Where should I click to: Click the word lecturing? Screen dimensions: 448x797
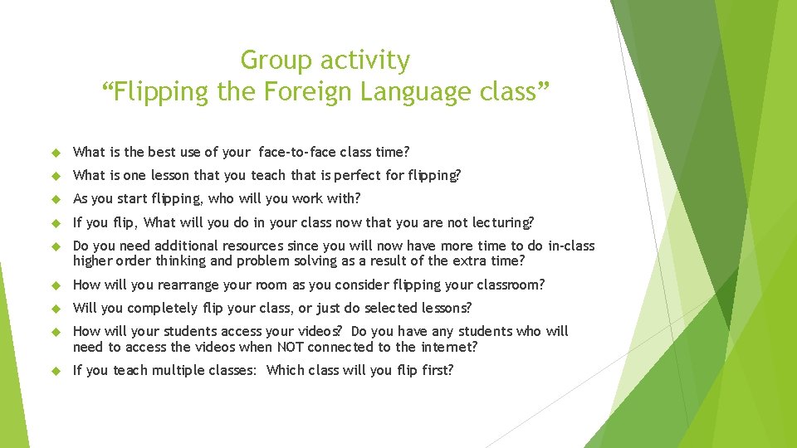pyautogui.click(x=503, y=222)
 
